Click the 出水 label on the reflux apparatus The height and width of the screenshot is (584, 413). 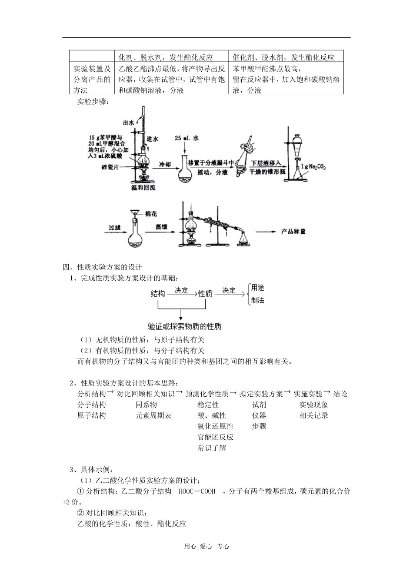128,123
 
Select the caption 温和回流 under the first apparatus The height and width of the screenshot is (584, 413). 143,188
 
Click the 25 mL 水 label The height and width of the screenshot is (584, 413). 187,138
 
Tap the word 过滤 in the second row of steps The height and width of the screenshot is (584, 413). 114,227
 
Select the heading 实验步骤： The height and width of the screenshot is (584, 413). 94,103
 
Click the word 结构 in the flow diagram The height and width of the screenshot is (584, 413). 157,294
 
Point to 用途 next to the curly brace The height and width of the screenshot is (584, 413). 258,288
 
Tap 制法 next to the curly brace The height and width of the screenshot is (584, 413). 258,300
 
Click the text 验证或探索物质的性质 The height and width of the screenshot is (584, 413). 185,326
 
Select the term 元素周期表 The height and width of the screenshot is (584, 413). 153,415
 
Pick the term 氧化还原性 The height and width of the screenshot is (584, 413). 215,426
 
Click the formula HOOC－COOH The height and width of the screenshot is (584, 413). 197,491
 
